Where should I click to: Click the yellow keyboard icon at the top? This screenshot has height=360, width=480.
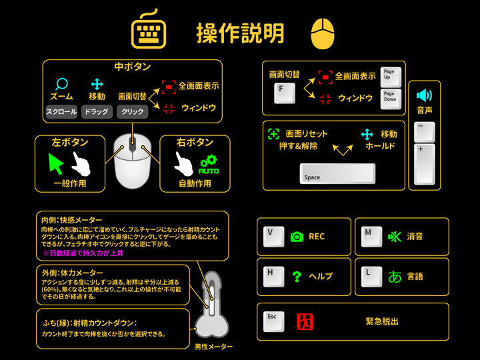click(147, 31)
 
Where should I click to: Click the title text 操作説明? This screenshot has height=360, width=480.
click(241, 32)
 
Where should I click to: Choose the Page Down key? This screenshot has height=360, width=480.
click(390, 99)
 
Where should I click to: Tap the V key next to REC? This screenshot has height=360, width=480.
click(273, 237)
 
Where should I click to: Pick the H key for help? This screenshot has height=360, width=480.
click(273, 275)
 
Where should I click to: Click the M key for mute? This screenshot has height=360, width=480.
click(371, 237)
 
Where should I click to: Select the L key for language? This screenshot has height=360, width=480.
click(371, 275)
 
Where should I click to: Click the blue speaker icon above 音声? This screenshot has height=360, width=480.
click(424, 95)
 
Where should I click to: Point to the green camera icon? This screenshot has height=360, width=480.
click(297, 237)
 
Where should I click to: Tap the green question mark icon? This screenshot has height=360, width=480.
click(297, 276)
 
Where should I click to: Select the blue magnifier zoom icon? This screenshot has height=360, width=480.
click(61, 85)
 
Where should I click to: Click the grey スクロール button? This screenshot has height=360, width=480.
click(61, 112)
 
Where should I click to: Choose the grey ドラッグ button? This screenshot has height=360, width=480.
click(97, 112)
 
